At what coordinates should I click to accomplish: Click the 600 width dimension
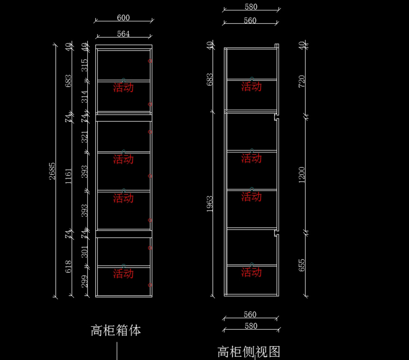click(123, 18)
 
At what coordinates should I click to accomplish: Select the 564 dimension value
click(123, 34)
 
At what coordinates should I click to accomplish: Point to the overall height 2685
click(52, 171)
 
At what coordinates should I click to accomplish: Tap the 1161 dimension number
click(69, 176)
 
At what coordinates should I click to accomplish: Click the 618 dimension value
click(69, 267)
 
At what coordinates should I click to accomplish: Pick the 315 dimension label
click(85, 65)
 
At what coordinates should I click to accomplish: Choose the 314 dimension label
click(85, 97)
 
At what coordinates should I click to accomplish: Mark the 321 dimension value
click(85, 137)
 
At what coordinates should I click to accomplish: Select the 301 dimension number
click(85, 251)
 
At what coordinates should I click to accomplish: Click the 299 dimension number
click(85, 281)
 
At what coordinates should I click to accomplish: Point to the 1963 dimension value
click(210, 204)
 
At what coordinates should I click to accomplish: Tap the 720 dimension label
click(302, 81)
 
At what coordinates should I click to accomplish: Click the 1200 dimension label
click(302, 175)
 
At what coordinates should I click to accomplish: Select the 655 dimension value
click(302, 265)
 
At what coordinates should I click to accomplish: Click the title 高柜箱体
click(116, 330)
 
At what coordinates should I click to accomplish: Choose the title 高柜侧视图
click(249, 352)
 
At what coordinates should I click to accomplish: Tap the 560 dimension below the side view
click(250, 315)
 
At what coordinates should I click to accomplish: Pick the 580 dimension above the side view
click(251, 7)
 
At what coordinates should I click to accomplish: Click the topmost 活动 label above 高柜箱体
click(123, 88)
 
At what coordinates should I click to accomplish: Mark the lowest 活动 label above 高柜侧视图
click(252, 272)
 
